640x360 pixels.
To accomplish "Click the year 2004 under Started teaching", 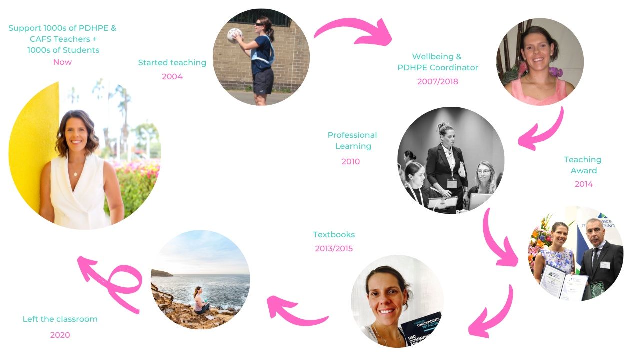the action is pos(172,76).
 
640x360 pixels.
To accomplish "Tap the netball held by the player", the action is pos(235,35).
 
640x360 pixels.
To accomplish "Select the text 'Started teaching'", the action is pos(172,62).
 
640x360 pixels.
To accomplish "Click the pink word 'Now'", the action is pos(62,62).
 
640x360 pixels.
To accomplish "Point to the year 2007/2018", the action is pos(437,81).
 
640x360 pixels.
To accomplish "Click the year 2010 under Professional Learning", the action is pos(350,161).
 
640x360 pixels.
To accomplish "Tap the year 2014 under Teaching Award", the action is pos(583,184).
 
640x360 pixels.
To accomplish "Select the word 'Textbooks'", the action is pos(334,234).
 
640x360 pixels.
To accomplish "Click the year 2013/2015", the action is pos(334,248).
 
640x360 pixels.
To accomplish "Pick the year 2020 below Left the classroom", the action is pos(60,335).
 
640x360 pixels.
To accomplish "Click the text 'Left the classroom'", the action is pos(60,319).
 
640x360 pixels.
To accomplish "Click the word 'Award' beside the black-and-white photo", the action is pos(583,170).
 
